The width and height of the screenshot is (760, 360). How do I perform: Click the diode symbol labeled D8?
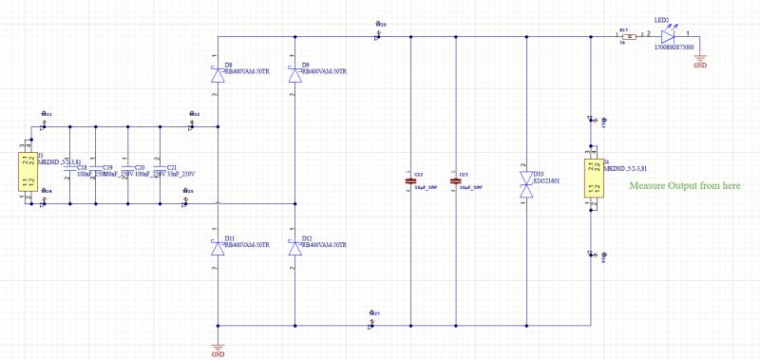click(x=218, y=72)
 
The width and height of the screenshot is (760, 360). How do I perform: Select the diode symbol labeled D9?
click(x=294, y=72)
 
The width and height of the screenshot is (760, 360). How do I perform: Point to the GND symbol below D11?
click(x=218, y=347)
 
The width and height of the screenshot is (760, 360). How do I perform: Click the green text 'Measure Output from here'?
click(x=684, y=186)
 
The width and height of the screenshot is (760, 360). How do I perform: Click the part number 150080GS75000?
click(x=674, y=46)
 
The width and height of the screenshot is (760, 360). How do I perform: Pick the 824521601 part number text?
click(x=546, y=180)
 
